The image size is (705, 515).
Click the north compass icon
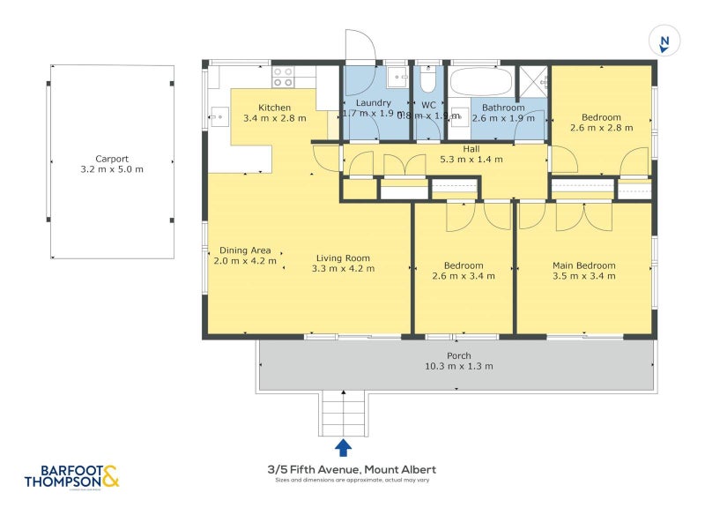click(x=664, y=41)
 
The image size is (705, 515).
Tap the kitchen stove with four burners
click(x=283, y=77)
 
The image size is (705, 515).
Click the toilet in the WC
click(x=428, y=81)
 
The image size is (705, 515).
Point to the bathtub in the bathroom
click(x=480, y=81)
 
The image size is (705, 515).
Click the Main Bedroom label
click(x=583, y=265)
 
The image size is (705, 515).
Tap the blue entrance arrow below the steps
click(x=343, y=447)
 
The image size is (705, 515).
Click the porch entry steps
click(x=343, y=413)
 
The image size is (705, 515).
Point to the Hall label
click(x=471, y=149)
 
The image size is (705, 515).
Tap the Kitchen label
click(x=274, y=107)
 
